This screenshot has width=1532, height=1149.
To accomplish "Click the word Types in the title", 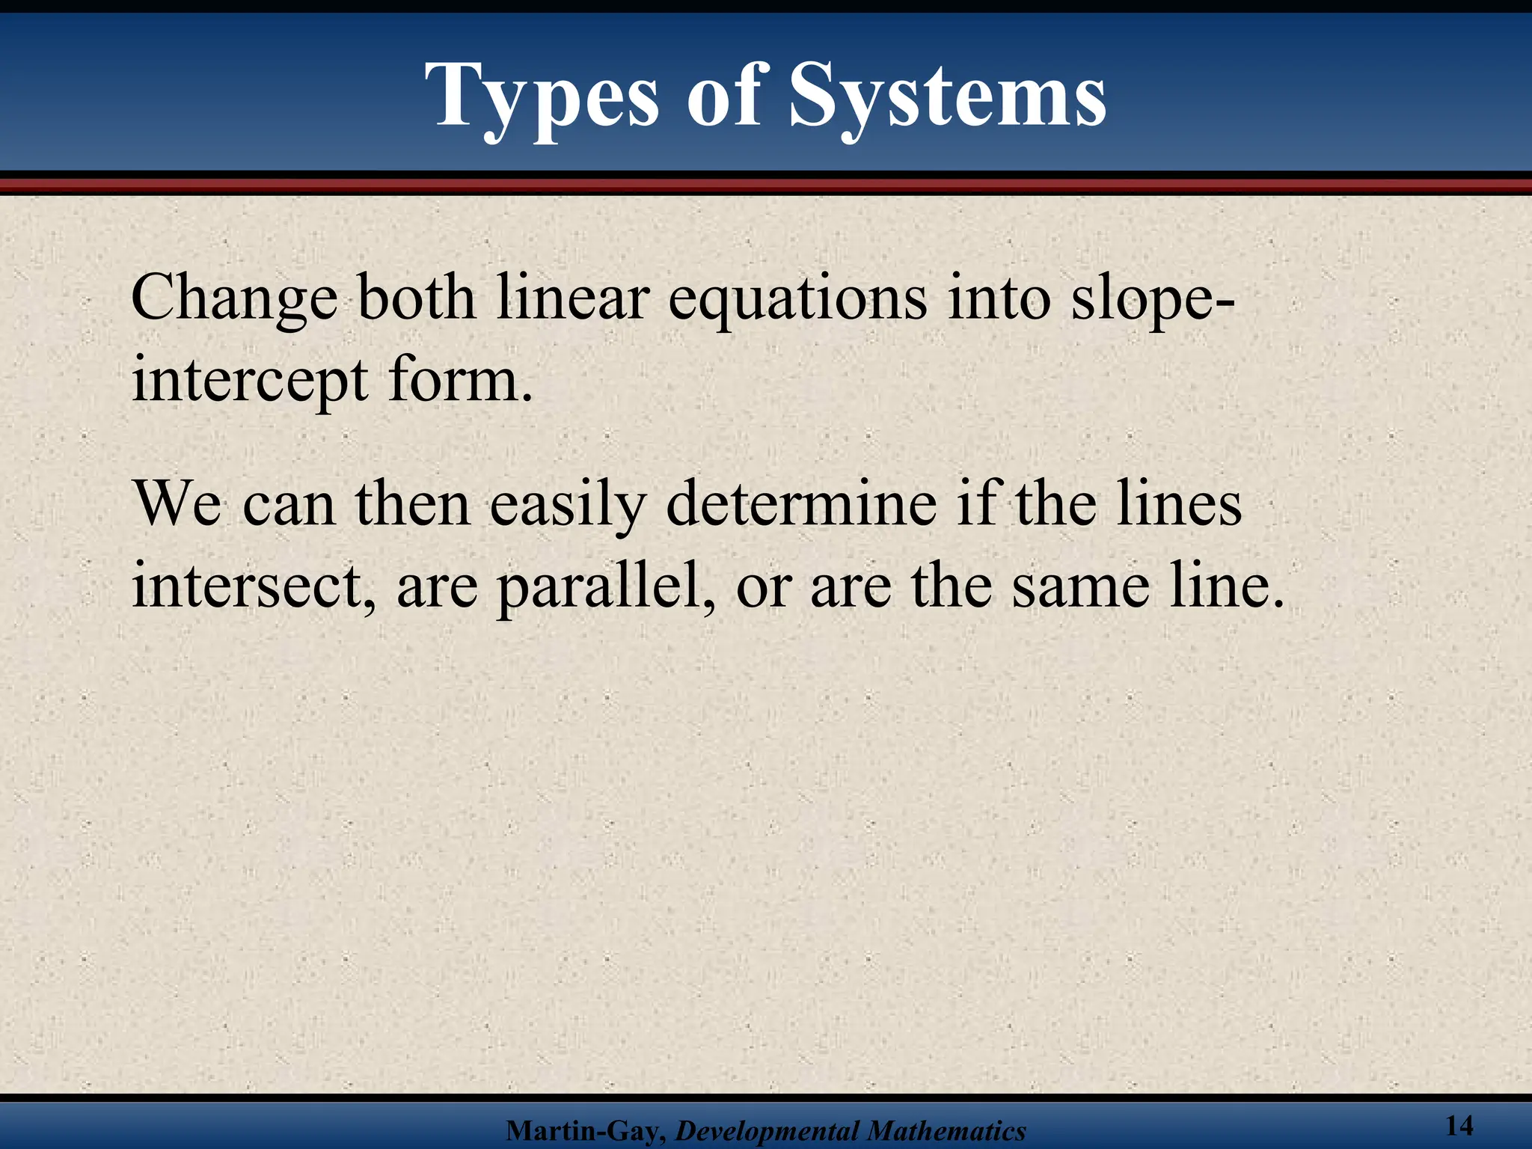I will (543, 97).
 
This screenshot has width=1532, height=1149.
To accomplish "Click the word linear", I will (571, 298).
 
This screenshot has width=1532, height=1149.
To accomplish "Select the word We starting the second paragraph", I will (177, 504).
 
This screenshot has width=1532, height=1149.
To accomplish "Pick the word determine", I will (801, 504).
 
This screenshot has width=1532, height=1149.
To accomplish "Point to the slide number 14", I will (1459, 1125).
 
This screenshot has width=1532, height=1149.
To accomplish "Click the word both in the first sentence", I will (416, 298).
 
